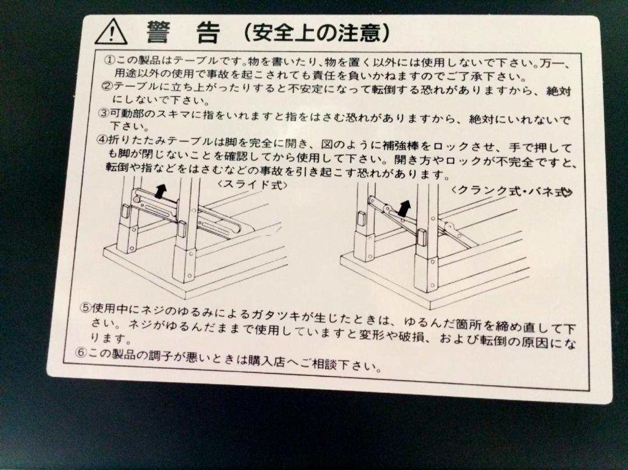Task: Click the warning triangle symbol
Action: pyautogui.click(x=111, y=31)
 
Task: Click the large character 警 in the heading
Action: pyautogui.click(x=159, y=32)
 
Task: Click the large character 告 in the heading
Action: pyautogui.click(x=208, y=33)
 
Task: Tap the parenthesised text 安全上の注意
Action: pyautogui.click(x=317, y=33)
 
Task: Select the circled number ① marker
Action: pyautogui.click(x=109, y=61)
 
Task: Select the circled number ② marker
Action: pyautogui.click(x=107, y=86)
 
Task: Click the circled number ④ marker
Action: pyautogui.click(x=102, y=140)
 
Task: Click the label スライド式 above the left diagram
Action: pyautogui.click(x=252, y=185)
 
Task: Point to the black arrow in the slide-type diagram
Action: pyautogui.click(x=160, y=191)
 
